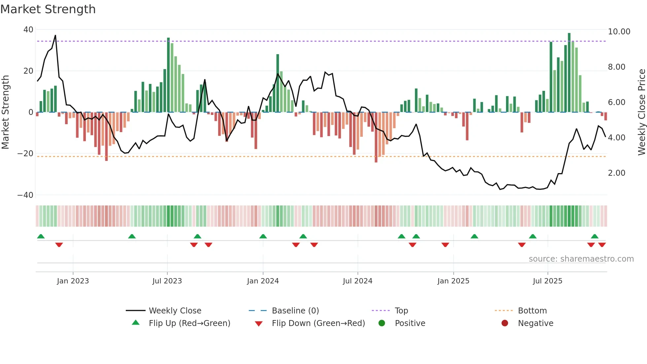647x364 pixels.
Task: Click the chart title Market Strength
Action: point(48,9)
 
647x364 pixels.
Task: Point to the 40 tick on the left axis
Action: point(28,30)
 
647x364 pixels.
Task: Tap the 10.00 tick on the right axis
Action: point(619,32)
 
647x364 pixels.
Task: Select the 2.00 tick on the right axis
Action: point(616,173)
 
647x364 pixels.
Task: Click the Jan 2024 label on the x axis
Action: point(263,281)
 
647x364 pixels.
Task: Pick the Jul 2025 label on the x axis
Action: point(547,281)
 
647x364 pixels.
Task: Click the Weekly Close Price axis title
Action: point(641,112)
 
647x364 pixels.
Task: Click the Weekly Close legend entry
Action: point(175,311)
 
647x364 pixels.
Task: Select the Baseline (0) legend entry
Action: point(295,311)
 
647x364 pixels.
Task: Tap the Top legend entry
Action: point(401,311)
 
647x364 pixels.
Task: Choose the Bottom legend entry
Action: point(532,311)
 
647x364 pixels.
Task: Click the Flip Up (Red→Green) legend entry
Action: point(189,323)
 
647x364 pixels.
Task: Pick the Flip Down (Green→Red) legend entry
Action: point(318,323)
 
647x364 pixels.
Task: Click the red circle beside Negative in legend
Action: point(505,323)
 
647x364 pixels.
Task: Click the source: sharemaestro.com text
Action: point(581,259)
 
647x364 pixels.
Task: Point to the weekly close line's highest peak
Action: point(55,35)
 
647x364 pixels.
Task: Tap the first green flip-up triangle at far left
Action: point(41,236)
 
